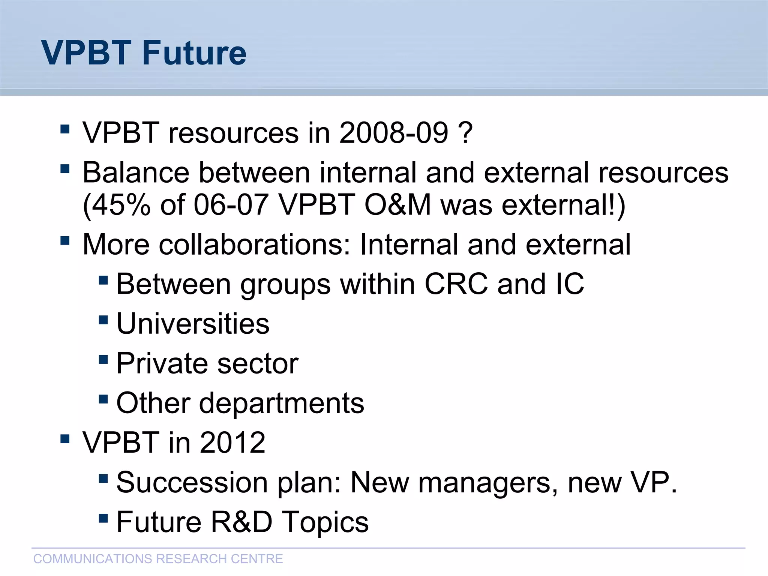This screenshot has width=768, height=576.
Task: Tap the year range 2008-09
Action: click(x=393, y=133)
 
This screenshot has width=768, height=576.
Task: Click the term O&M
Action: click(x=397, y=205)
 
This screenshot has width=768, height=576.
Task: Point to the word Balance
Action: click(x=136, y=172)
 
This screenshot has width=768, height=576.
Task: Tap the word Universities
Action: click(x=193, y=324)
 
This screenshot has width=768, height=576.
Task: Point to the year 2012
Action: click(x=232, y=442)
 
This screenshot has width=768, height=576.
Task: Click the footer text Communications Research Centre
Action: click(x=158, y=559)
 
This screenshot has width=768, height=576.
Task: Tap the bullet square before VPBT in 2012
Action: click(x=65, y=438)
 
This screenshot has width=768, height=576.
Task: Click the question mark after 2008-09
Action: click(x=465, y=133)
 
